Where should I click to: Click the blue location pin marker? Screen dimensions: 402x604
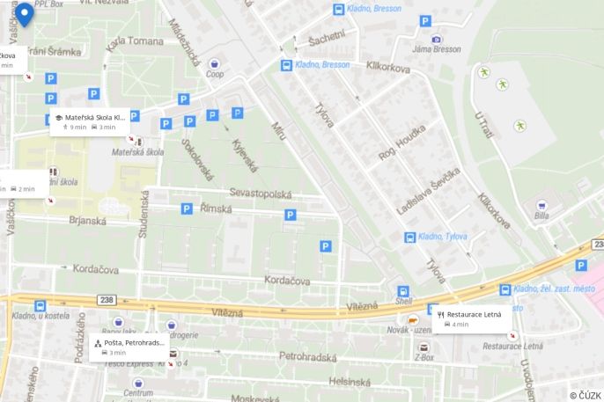(25, 14)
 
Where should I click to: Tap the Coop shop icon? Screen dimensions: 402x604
(215, 64)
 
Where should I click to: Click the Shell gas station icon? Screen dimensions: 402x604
(402, 292)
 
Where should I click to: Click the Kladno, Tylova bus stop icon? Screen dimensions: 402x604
(409, 238)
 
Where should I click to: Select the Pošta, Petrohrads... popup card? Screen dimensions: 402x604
(129, 347)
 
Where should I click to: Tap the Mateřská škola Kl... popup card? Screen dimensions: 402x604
(91, 121)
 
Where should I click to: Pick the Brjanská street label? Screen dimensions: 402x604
(88, 222)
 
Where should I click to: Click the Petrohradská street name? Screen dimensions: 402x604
(308, 357)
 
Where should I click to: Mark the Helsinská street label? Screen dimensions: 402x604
(350, 382)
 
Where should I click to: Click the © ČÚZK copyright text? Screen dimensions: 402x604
(585, 395)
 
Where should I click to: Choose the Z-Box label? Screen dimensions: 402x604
(424, 358)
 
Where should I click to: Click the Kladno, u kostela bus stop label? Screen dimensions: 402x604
(41, 316)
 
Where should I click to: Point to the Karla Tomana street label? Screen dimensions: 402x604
(135, 41)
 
